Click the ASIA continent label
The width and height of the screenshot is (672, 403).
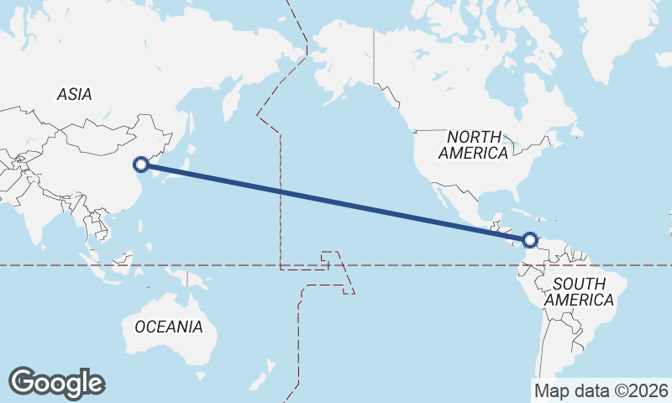tap(75, 95)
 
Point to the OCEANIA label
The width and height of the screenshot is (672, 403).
tap(169, 327)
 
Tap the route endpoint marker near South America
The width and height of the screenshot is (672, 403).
tap(529, 240)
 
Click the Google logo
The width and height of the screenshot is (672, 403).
tap(56, 382)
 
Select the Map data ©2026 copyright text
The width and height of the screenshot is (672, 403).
tap(601, 390)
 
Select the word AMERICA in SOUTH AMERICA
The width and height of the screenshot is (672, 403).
tap(580, 300)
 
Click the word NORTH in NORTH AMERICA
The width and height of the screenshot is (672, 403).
tap(475, 136)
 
